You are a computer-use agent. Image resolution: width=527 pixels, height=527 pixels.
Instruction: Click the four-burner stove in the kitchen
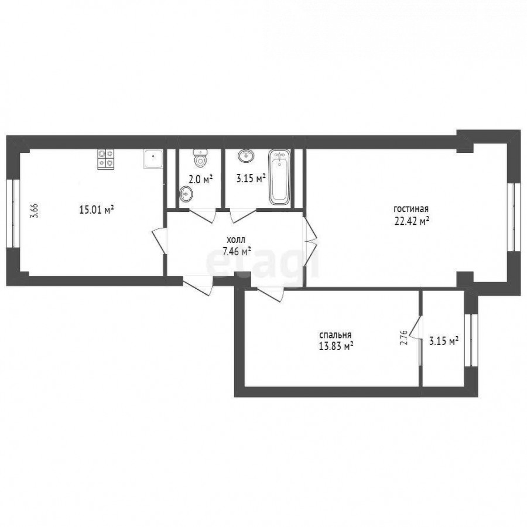[106, 159]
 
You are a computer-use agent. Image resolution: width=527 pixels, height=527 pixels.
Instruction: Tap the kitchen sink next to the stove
[153, 159]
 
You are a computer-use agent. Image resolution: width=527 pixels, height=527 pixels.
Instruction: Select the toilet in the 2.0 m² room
[201, 159]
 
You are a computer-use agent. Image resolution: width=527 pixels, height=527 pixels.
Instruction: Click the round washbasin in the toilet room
[186, 194]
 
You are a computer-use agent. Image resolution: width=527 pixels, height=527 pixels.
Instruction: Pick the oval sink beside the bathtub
[247, 156]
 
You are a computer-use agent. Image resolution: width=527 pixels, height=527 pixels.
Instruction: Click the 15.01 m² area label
[96, 210]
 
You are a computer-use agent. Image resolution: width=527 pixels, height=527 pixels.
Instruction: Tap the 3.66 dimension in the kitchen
[35, 211]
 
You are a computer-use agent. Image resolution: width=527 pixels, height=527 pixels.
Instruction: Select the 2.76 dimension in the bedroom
[404, 337]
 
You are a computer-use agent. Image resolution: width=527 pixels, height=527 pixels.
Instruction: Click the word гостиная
[411, 209]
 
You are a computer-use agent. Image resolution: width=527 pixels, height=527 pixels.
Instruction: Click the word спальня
[335, 335]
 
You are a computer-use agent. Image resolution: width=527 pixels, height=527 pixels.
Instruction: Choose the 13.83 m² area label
[336, 346]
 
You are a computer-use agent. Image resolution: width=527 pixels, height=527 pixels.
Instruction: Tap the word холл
[237, 240]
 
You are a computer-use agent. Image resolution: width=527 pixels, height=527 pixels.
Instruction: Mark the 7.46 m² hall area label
[237, 251]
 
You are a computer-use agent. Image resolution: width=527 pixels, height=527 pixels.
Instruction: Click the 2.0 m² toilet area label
[201, 179]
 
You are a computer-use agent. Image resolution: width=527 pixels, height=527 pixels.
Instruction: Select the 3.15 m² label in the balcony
[444, 341]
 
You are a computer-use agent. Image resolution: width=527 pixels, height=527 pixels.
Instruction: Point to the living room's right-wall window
[513, 217]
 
